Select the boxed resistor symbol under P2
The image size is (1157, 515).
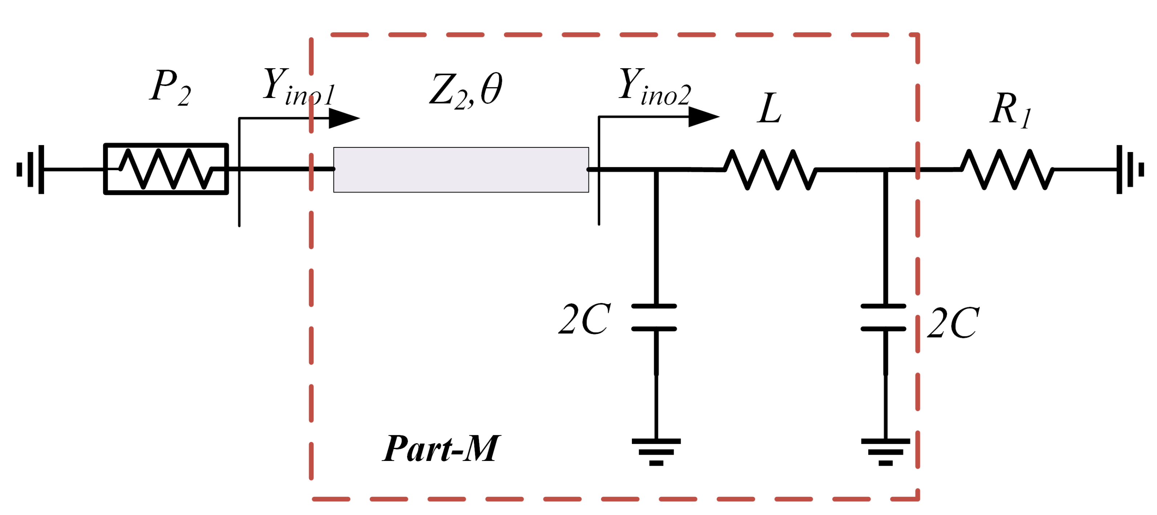pyautogui.click(x=166, y=169)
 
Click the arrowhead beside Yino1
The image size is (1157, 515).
pyautogui.click(x=344, y=118)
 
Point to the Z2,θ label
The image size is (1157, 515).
pyautogui.click(x=466, y=90)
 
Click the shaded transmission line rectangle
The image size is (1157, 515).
pyautogui.click(x=461, y=170)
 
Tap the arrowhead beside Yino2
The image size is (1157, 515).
pyautogui.click(x=703, y=117)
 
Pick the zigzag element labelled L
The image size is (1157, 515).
pyautogui.click(x=770, y=170)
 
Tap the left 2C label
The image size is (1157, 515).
pyautogui.click(x=584, y=320)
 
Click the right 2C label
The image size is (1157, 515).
pyautogui.click(x=953, y=323)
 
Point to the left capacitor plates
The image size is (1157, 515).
pyautogui.click(x=654, y=318)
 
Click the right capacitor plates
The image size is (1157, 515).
pyautogui.click(x=883, y=318)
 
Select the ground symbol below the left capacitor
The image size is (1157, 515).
pyautogui.click(x=656, y=451)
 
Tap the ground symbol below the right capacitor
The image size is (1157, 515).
pyautogui.click(x=885, y=451)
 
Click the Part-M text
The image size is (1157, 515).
pyautogui.click(x=441, y=449)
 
